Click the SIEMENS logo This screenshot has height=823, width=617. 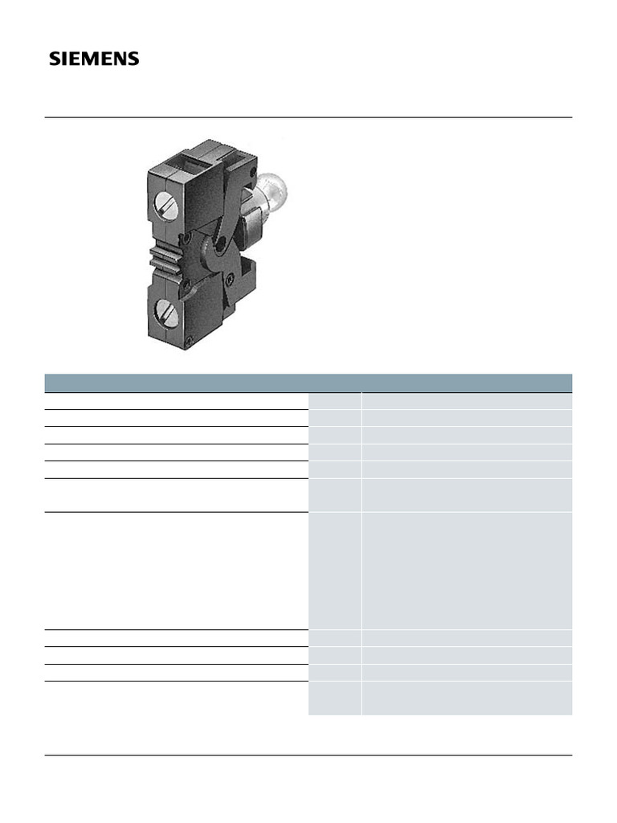click(x=94, y=59)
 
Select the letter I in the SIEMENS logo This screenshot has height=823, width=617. click(x=64, y=59)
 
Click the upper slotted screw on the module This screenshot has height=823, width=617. click(x=166, y=207)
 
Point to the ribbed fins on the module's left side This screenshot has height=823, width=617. click(x=161, y=260)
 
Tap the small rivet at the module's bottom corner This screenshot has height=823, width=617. click(x=189, y=342)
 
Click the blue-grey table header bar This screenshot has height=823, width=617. click(x=308, y=383)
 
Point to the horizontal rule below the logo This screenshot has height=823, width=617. click(x=308, y=117)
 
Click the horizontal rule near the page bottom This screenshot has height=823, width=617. click(x=308, y=755)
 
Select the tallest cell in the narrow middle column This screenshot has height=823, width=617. click(x=335, y=571)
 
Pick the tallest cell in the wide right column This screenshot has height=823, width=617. click(x=467, y=571)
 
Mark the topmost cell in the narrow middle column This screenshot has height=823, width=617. click(x=335, y=400)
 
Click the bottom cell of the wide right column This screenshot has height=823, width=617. click(x=467, y=698)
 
